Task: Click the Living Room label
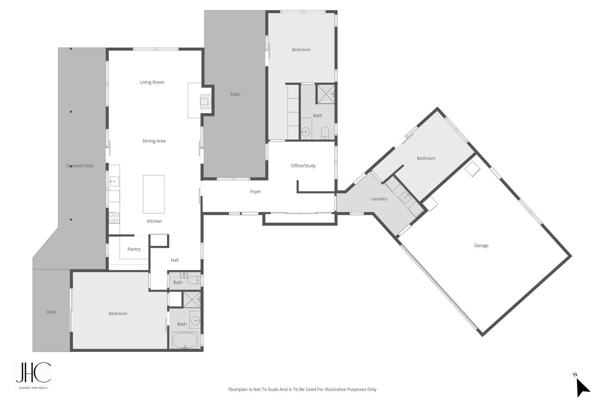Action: click(x=152, y=82)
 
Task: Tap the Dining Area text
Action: click(x=154, y=141)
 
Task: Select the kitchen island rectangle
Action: click(x=154, y=194)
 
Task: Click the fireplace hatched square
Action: click(x=205, y=101)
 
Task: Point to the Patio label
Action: click(x=235, y=94)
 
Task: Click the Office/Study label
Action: click(x=303, y=166)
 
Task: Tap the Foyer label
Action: click(x=256, y=191)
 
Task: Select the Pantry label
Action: click(x=134, y=249)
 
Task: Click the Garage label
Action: click(x=481, y=246)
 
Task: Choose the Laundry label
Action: click(x=379, y=199)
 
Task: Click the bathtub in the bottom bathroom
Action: click(x=185, y=340)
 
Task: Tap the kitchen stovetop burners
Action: click(x=114, y=218)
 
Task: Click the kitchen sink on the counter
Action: click(x=114, y=181)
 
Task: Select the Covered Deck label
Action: click(x=80, y=166)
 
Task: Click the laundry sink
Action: click(x=405, y=197)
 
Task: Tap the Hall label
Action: click(x=175, y=260)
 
